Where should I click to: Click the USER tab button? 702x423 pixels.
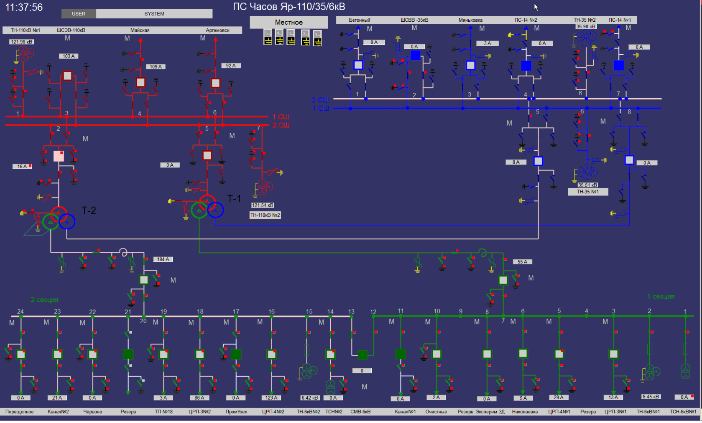tap(79, 14)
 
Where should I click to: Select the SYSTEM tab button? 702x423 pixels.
tap(154, 14)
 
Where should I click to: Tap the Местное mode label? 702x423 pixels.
tap(288, 22)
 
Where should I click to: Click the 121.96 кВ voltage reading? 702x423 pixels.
tap(22, 42)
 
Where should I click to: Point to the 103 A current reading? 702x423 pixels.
tap(69, 56)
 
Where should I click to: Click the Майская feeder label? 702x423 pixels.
tap(140, 30)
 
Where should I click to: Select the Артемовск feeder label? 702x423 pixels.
tap(217, 30)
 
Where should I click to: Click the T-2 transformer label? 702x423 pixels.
tap(89, 210)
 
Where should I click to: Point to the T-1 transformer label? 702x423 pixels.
tap(234, 199)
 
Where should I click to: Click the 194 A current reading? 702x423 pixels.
tap(163, 259)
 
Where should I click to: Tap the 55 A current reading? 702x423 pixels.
tap(523, 262)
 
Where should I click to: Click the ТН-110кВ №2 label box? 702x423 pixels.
tap(265, 215)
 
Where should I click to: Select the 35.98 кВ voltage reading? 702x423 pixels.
tap(586, 27)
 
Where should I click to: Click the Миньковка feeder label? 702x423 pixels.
tap(470, 20)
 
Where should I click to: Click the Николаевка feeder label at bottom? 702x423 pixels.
tap(525, 412)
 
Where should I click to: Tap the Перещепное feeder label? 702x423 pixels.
tap(19, 412)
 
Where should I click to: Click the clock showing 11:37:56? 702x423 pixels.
tap(24, 8)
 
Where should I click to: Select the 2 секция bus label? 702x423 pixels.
tap(44, 299)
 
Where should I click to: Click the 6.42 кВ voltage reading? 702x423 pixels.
tap(310, 398)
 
